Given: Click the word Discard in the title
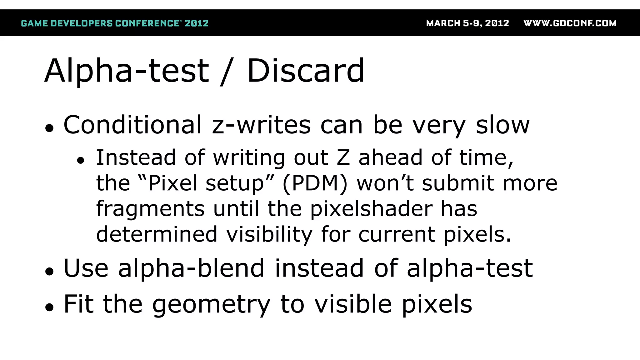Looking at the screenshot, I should tap(306, 71).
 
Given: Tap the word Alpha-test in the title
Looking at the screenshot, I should tap(127, 71).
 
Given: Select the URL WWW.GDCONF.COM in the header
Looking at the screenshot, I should tap(570, 23).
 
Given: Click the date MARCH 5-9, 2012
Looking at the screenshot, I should tap(467, 23).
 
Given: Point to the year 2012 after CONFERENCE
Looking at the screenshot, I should tap(196, 23).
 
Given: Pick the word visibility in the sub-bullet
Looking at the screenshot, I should tap(269, 234).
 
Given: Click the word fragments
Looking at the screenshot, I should tap(150, 209).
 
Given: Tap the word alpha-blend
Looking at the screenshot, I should tap(191, 268).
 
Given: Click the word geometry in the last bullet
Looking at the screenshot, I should tap(211, 304).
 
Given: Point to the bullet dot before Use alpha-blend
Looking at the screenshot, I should tap(49, 271).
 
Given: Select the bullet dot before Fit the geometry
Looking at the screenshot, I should tap(49, 307).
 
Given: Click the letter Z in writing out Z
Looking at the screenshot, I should tap(343, 157).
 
